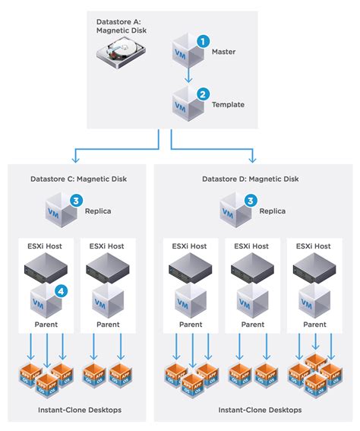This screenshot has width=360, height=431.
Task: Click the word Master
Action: click(x=224, y=52)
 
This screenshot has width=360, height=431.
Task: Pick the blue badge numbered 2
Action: click(x=202, y=94)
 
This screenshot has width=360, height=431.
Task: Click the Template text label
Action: click(x=227, y=106)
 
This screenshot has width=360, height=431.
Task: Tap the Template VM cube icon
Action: click(x=187, y=103)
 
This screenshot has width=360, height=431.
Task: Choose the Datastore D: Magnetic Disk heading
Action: click(x=251, y=179)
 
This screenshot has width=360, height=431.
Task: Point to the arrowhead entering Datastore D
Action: click(x=251, y=160)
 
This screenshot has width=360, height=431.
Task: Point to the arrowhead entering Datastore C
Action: click(x=75, y=160)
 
